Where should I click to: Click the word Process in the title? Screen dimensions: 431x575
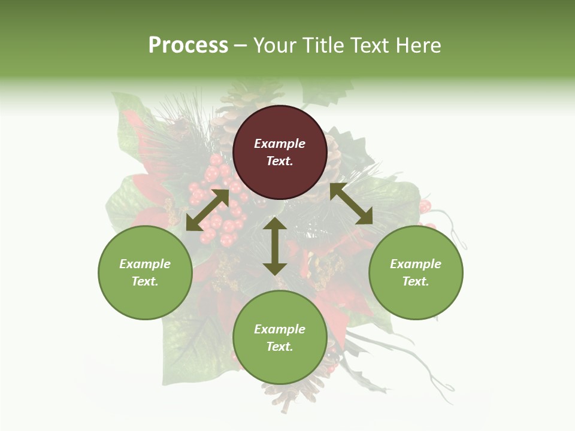188,45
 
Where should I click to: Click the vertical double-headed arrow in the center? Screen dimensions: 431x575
275,246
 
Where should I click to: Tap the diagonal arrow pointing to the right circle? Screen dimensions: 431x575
351,204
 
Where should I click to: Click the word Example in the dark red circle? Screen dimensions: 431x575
280,144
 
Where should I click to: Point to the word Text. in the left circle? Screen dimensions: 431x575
145,281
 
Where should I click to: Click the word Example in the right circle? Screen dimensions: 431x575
416,264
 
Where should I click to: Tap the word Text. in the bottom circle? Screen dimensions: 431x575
280,347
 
